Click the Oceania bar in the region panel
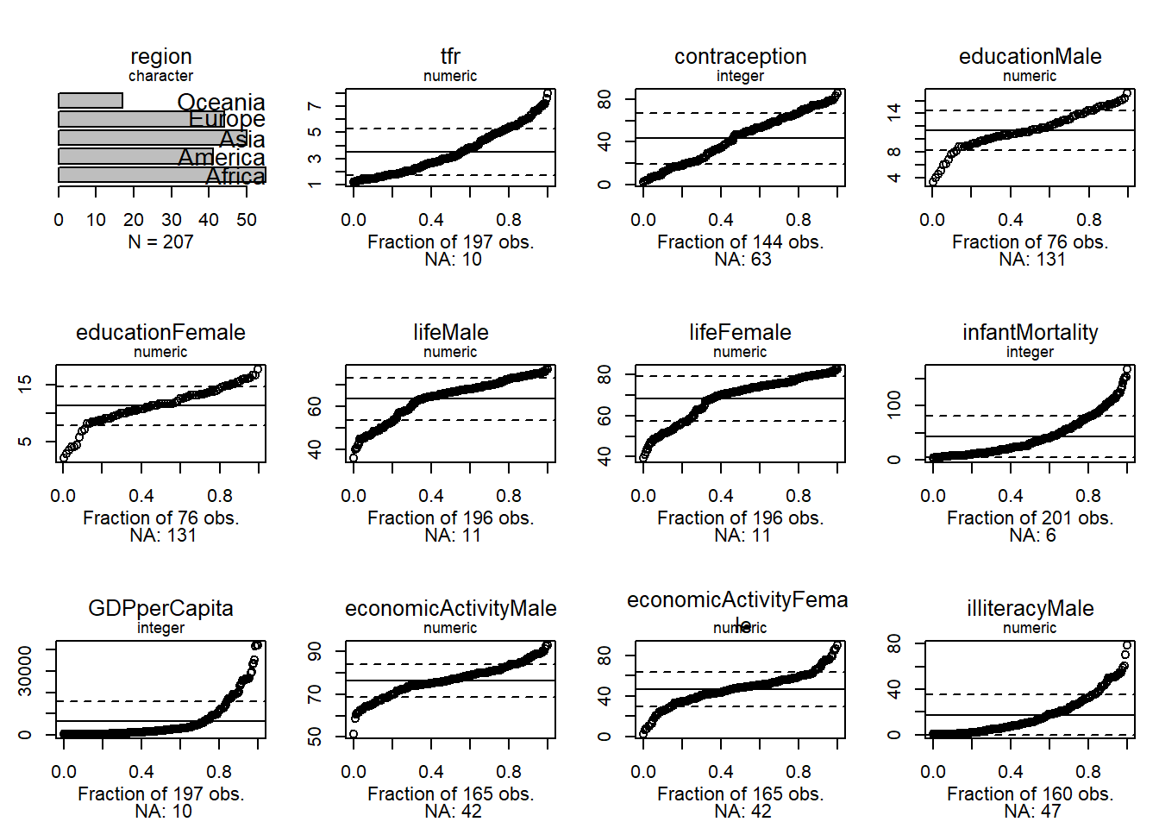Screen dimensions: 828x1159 click(91, 101)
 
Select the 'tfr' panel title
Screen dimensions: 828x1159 click(450, 57)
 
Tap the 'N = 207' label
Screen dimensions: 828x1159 click(160, 242)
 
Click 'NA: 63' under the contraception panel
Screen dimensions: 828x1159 click(742, 260)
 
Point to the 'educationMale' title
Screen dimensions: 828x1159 click(1030, 57)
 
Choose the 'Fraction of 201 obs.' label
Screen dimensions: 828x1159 click(1030, 518)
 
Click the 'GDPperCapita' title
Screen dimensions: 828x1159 click(160, 609)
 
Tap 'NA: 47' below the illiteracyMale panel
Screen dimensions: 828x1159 click(1032, 812)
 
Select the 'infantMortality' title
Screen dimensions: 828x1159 click(1030, 333)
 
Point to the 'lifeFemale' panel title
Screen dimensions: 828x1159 click(740, 333)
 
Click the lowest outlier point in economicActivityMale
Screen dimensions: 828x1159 click(354, 734)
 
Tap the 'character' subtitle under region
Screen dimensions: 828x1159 click(160, 76)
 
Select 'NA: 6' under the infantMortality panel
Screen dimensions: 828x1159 click(1032, 536)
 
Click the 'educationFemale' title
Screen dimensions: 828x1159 click(160, 333)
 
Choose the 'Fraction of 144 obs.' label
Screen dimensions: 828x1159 click(740, 242)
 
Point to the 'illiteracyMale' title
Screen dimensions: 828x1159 click(1030, 609)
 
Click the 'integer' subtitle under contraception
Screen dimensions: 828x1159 click(740, 76)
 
